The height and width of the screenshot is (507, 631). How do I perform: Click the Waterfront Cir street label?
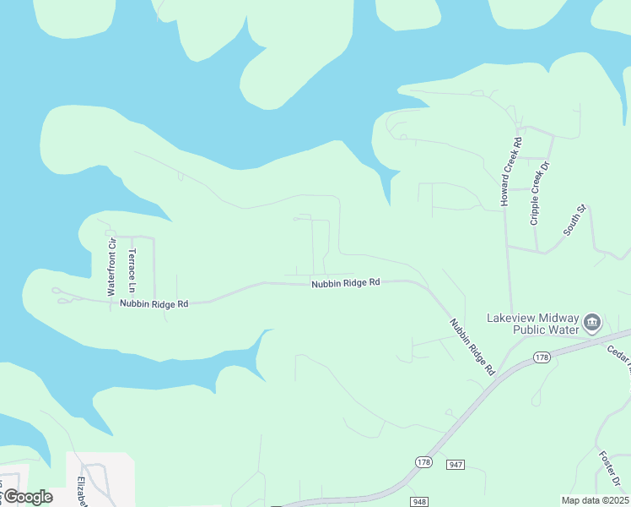tap(111, 266)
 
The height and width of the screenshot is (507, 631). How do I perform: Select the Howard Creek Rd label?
tap(511, 172)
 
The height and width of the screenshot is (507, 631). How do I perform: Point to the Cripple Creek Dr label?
tap(540, 193)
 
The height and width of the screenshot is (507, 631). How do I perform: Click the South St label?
tap(574, 220)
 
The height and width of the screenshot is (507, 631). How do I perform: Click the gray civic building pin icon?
tap(592, 322)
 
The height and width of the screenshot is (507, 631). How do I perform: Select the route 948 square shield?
tap(419, 502)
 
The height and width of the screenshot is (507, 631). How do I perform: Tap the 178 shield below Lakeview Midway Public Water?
tap(542, 358)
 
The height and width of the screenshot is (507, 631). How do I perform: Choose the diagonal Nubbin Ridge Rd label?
tap(472, 346)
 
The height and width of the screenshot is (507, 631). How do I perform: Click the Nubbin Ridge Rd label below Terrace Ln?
tap(154, 303)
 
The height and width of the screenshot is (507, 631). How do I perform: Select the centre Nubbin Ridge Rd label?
tap(345, 284)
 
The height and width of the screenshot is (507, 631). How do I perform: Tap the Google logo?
tap(27, 497)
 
